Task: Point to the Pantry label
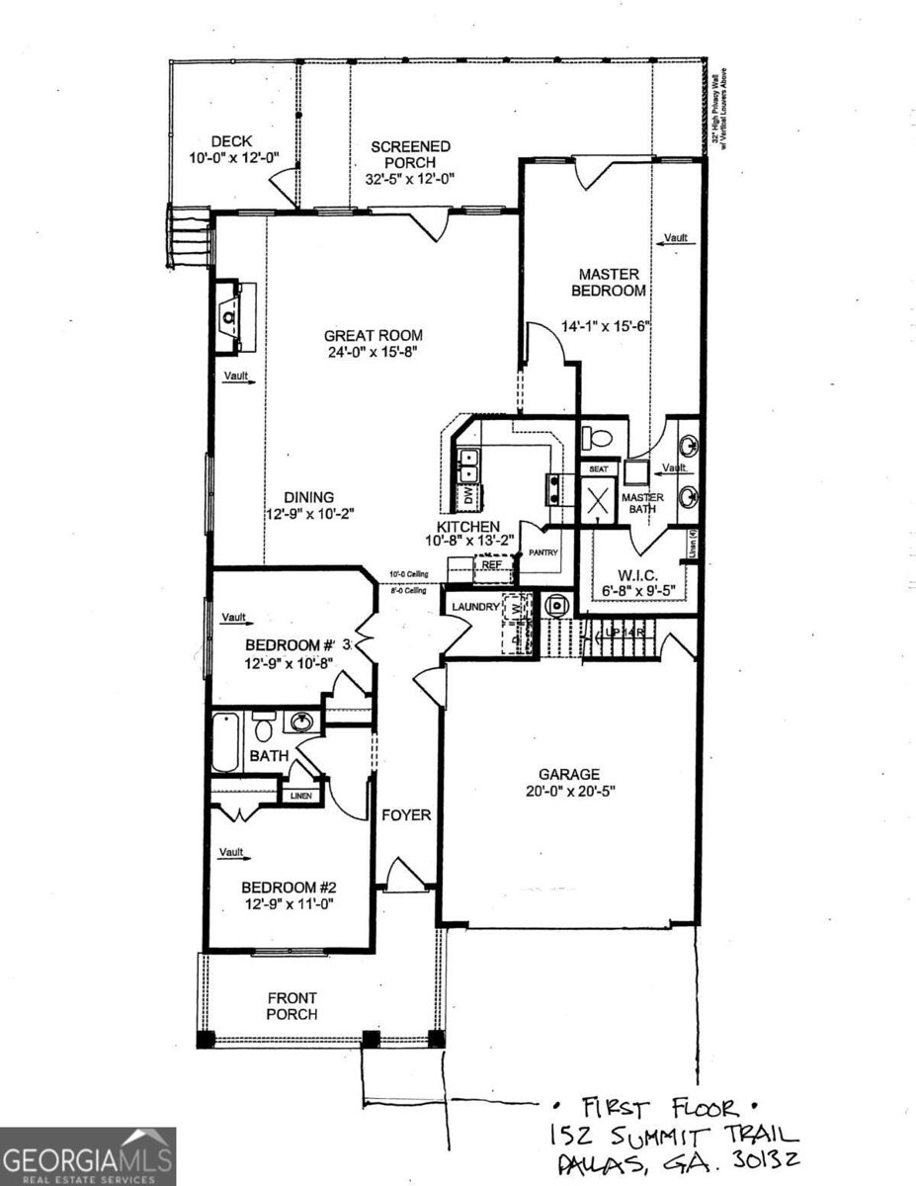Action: [544, 553]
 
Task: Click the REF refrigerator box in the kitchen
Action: [491, 564]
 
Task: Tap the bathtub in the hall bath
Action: [225, 742]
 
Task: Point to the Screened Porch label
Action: [410, 155]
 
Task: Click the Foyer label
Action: [407, 815]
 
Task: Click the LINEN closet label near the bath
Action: [298, 795]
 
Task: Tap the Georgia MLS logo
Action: [88, 1156]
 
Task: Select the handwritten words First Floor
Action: [658, 1107]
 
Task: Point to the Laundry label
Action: [475, 607]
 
